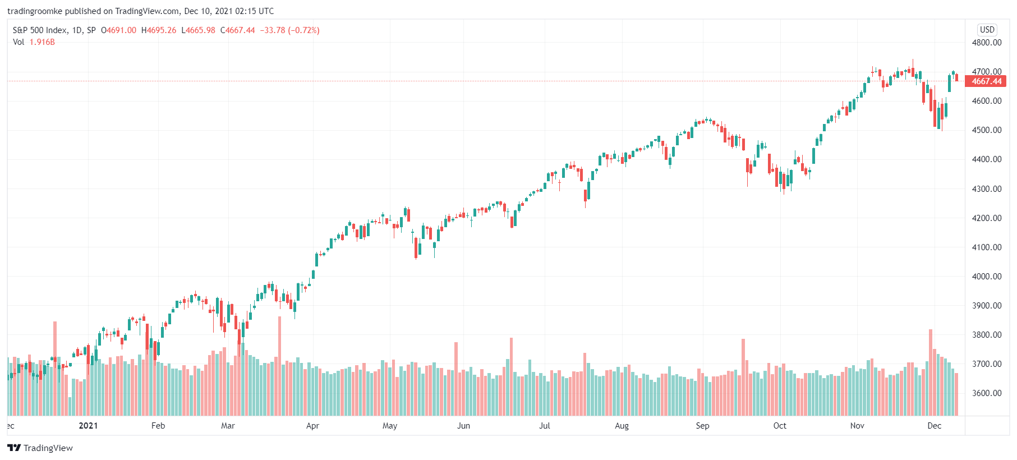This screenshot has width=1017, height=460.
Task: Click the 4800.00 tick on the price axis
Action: [x=986, y=43]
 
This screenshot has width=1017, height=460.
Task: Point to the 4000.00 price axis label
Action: [x=986, y=277]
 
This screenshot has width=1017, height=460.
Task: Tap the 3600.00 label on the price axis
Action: [x=986, y=393]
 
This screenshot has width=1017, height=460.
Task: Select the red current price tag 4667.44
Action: [x=986, y=81]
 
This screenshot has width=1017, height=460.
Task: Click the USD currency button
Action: [x=987, y=30]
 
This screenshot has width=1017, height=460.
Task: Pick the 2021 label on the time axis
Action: [x=88, y=426]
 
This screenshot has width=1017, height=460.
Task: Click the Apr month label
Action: [x=312, y=426]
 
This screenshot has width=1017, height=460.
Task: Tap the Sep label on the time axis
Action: [x=702, y=426]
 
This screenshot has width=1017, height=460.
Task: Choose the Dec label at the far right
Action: [x=934, y=426]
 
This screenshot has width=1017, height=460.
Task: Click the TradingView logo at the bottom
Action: [x=40, y=448]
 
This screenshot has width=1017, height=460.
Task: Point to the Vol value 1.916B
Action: [x=42, y=42]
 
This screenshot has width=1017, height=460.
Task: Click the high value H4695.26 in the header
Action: [x=159, y=30]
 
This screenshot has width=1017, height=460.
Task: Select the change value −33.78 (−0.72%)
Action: [x=289, y=30]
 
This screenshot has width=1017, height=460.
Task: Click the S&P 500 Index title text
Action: [x=40, y=30]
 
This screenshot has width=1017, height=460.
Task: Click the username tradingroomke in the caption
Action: [x=35, y=11]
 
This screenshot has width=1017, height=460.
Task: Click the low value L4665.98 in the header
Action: [x=198, y=30]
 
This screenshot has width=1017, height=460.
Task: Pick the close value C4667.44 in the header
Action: [x=237, y=30]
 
